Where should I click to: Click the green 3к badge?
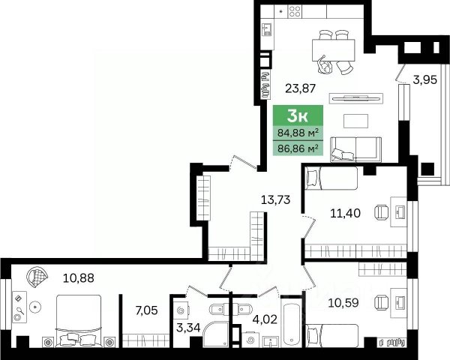(x=298, y=115)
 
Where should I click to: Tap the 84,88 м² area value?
(x=298, y=133)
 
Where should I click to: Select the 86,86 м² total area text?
(x=298, y=148)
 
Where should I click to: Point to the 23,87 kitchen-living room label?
(x=300, y=88)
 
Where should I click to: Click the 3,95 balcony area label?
(x=425, y=79)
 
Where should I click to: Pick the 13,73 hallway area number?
(x=275, y=199)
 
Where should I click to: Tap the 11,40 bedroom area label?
(x=345, y=213)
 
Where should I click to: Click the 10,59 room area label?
(x=343, y=303)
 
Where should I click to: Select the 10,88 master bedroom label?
(x=78, y=278)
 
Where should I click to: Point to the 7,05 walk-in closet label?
(x=146, y=310)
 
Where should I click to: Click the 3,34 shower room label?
(x=188, y=328)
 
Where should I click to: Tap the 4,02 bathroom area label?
(x=265, y=319)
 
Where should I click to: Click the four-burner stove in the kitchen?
(x=295, y=12)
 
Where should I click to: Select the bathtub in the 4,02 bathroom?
(x=291, y=325)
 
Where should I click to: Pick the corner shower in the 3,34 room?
(x=215, y=334)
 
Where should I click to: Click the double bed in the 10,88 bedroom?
(x=79, y=321)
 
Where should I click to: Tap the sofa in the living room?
(x=355, y=149)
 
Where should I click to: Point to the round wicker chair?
(x=37, y=277)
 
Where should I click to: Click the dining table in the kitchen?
(x=334, y=50)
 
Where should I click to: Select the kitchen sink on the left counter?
(x=267, y=29)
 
